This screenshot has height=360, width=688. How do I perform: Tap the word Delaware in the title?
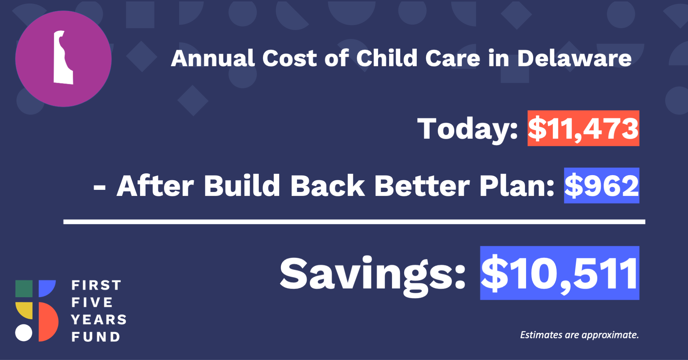pyautogui.click(x=574, y=58)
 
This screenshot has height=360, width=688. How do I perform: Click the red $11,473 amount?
pyautogui.click(x=583, y=128)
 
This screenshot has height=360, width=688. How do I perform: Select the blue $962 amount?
pyautogui.click(x=602, y=186)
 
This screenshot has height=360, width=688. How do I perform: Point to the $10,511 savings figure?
pyautogui.click(x=560, y=273)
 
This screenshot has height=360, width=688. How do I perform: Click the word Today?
pyautogui.click(x=468, y=129)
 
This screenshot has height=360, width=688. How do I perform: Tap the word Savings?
pyautogui.click(x=373, y=275)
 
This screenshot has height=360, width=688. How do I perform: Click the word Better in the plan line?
pyautogui.click(x=422, y=186)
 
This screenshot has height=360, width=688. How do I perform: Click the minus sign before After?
pyautogui.click(x=99, y=187)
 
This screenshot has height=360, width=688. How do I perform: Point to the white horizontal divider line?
pyautogui.click(x=354, y=222)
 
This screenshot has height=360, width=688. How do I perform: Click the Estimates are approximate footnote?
pyautogui.click(x=579, y=335)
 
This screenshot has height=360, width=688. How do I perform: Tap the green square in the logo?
pyautogui.click(x=24, y=289)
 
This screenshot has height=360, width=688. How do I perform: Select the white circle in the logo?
pyautogui.click(x=24, y=333)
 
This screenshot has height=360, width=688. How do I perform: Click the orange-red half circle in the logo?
pyautogui.click(x=48, y=322)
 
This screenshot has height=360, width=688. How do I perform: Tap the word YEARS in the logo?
pyautogui.click(x=99, y=320)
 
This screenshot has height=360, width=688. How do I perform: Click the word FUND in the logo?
pyautogui.click(x=96, y=337)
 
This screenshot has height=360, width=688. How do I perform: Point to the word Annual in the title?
pyautogui.click(x=213, y=58)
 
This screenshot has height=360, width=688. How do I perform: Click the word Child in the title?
pyautogui.click(x=387, y=58)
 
